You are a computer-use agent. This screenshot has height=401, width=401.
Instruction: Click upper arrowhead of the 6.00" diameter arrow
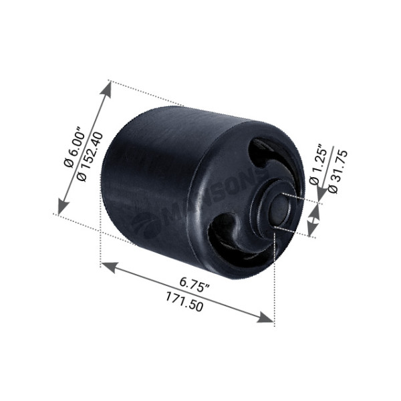click(107, 88)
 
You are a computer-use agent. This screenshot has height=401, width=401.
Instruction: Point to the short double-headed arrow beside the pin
click(313, 220)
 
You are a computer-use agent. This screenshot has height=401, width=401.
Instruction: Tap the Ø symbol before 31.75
click(333, 189)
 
